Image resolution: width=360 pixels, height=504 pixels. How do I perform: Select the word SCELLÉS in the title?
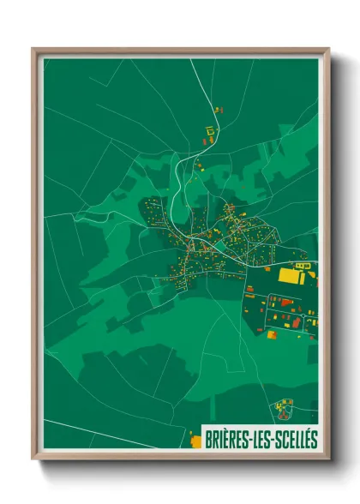[293, 440]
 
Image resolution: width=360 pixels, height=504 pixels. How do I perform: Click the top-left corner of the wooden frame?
[33, 49]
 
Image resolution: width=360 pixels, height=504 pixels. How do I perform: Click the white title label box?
[260, 440]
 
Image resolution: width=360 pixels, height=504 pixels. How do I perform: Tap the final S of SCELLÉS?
[314, 440]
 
